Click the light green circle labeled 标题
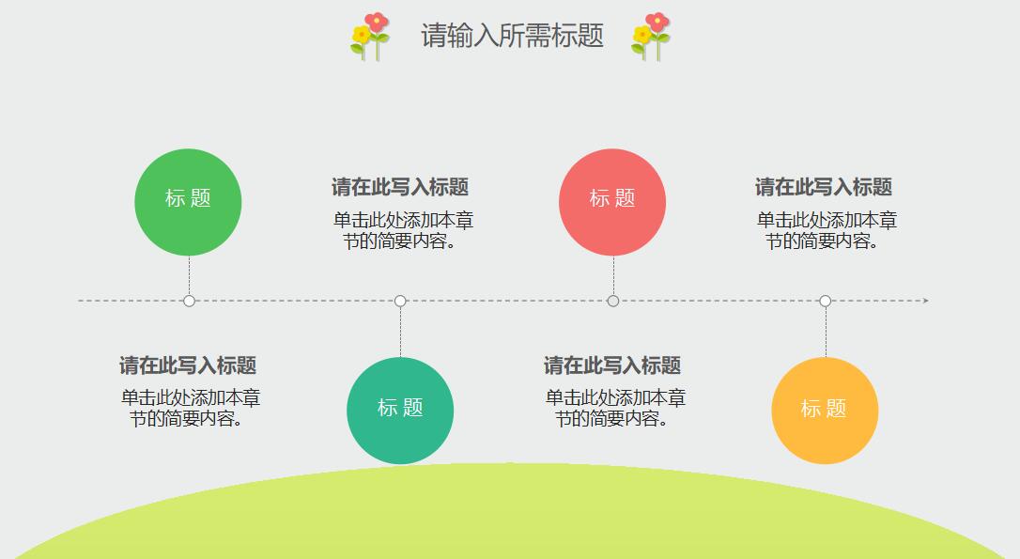189,202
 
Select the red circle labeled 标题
612,202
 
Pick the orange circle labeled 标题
825,411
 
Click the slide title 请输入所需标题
512,36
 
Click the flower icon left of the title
370,37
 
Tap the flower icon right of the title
651,37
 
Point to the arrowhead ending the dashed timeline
925,301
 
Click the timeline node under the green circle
189,301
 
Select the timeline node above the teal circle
400,301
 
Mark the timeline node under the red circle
613,301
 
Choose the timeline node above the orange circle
826,301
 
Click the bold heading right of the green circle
400,187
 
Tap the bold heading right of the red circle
824,187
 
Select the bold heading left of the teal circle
188,365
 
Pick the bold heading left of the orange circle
612,365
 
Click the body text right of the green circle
402,230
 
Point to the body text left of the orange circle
615,409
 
